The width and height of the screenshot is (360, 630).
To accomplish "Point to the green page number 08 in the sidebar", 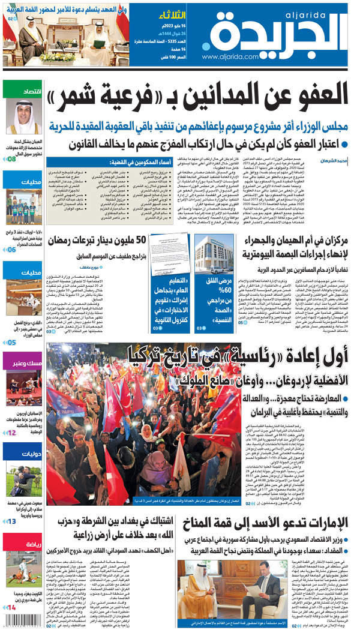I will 12,159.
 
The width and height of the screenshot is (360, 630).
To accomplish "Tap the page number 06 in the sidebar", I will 12,249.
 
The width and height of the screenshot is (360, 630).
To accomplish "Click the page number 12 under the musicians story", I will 12,432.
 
